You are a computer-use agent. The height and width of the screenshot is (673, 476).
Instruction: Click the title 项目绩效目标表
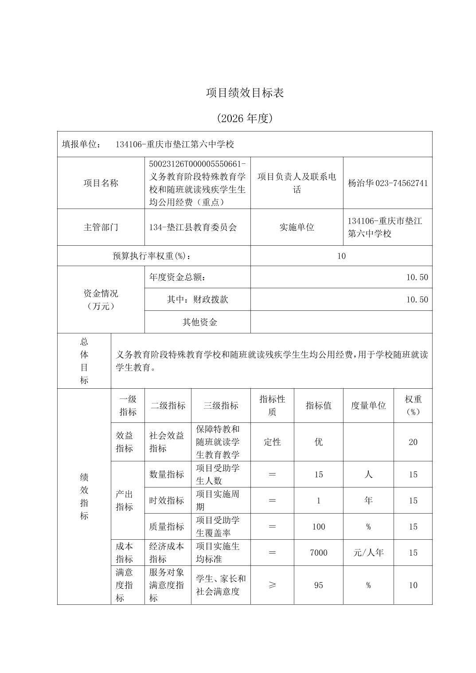point(245,93)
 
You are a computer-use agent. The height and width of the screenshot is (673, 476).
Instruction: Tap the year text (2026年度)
point(245,118)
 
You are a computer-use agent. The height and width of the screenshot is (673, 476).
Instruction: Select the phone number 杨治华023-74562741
point(388,183)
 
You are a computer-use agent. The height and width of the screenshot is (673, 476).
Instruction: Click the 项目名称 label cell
point(101,183)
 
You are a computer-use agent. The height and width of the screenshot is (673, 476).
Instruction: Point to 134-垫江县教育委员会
point(193,227)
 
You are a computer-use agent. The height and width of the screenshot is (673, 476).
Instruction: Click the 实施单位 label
point(297,227)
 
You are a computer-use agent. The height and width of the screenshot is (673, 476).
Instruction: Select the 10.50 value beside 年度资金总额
point(417,278)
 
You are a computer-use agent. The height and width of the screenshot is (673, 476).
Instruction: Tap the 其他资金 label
point(200,322)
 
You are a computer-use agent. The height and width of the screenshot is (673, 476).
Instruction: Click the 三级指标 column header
point(221,406)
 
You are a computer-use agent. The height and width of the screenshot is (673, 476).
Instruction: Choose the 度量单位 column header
point(368,406)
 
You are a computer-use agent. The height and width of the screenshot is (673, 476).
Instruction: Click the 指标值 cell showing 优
point(319,442)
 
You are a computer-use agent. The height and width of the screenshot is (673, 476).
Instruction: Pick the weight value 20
point(413,442)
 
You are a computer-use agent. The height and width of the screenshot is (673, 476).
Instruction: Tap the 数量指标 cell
point(167,474)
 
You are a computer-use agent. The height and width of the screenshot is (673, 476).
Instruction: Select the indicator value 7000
point(319,553)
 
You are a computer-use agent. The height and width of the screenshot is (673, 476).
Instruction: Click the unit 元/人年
point(368,553)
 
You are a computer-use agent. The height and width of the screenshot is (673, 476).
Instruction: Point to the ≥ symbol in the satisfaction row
point(272,585)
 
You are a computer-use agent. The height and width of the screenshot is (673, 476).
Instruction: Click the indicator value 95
point(319,585)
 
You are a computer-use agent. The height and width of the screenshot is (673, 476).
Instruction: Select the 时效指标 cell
point(167,500)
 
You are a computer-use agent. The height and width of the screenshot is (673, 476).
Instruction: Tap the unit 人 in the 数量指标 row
point(368,474)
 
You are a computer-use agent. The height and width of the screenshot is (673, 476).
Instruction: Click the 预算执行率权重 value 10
point(341,256)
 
